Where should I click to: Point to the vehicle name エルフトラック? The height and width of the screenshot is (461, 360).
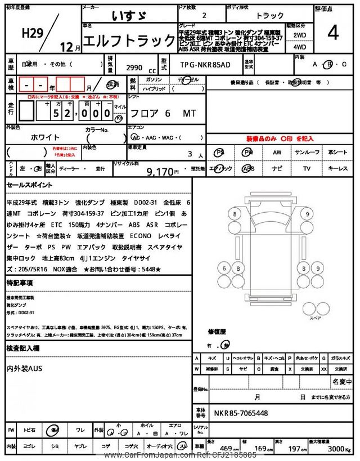(x=129, y=41)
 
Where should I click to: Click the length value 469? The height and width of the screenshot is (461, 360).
(x=226, y=449)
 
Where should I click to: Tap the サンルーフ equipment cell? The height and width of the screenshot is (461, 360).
(x=307, y=153)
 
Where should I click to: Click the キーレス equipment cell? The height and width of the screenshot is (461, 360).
(x=338, y=168)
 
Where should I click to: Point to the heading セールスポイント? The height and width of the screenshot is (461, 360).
(x=30, y=185)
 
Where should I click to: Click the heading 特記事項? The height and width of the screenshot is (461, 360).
(x=20, y=282)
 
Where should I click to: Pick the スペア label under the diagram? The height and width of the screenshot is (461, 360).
(x=316, y=318)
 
